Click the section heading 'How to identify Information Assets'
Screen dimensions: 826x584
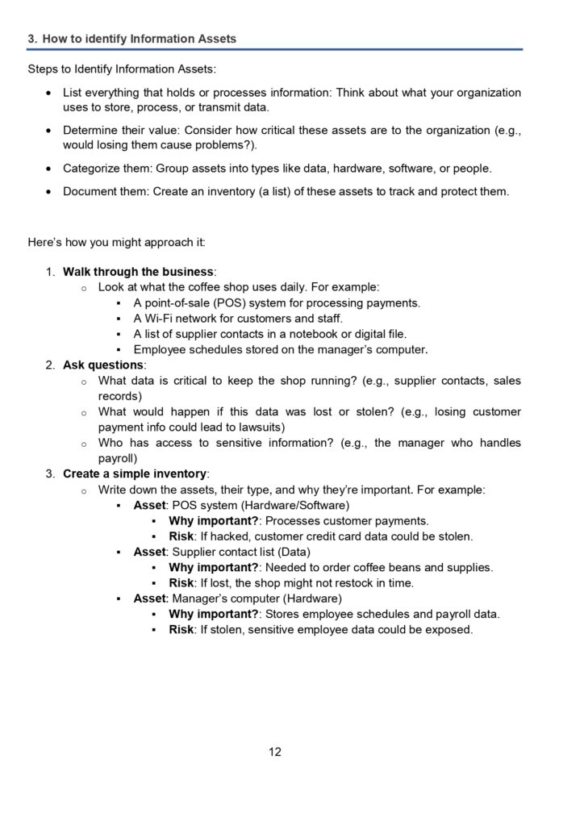[139, 39]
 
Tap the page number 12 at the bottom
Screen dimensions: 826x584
[275, 752]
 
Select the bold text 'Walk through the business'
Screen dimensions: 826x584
[138, 271]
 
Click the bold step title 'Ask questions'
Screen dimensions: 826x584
[102, 365]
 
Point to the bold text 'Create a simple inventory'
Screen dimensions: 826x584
[135, 473]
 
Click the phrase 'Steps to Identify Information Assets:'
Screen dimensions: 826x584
[122, 69]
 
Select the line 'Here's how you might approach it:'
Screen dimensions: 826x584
[116, 241]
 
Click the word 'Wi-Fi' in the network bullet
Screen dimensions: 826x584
[159, 318]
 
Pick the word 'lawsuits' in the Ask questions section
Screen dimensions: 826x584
[259, 427]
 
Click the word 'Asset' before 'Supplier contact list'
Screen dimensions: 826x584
[150, 552]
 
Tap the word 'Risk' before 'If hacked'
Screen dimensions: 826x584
[181, 536]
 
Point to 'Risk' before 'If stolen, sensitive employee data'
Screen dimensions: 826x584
[181, 629]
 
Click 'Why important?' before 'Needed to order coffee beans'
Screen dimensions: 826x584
[213, 567]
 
